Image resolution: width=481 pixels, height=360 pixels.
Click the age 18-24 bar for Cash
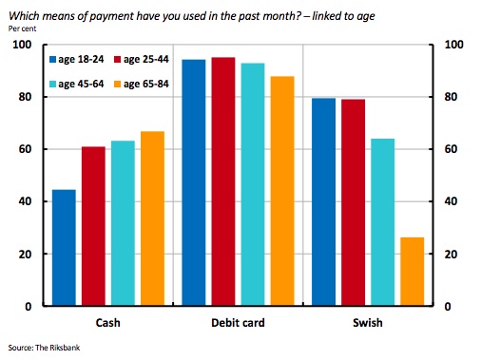(x=64, y=248)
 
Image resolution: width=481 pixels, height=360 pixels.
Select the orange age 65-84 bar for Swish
(x=413, y=272)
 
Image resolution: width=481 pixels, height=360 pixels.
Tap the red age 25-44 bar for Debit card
(x=223, y=181)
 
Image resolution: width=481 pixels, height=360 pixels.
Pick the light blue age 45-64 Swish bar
(x=383, y=222)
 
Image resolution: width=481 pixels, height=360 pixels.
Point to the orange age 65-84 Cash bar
(x=152, y=218)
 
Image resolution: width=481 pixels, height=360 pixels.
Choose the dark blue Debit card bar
(x=194, y=182)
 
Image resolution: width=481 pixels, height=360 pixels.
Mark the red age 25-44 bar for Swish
(x=354, y=202)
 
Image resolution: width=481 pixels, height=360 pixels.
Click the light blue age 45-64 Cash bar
(x=123, y=223)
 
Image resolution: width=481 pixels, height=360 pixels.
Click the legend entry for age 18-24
(x=77, y=59)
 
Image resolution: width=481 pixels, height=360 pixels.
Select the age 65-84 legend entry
(x=142, y=84)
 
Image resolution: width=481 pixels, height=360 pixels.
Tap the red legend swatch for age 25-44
(x=117, y=59)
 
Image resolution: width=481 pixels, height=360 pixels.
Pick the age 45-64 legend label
(x=81, y=84)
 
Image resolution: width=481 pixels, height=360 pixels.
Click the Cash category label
(x=108, y=323)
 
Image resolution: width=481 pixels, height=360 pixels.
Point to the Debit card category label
(x=238, y=323)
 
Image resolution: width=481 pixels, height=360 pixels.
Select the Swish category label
(x=368, y=323)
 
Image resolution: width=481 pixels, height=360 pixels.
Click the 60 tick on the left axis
(x=25, y=149)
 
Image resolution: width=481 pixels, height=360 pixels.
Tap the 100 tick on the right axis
(x=454, y=45)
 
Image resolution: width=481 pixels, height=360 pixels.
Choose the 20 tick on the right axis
(x=451, y=254)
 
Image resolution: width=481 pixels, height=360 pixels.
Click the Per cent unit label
(x=22, y=28)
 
